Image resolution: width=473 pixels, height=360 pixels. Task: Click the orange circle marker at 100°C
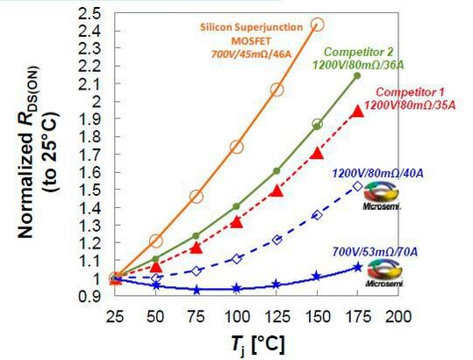tap(236, 147)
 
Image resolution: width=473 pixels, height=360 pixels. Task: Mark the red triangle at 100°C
tap(236, 222)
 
